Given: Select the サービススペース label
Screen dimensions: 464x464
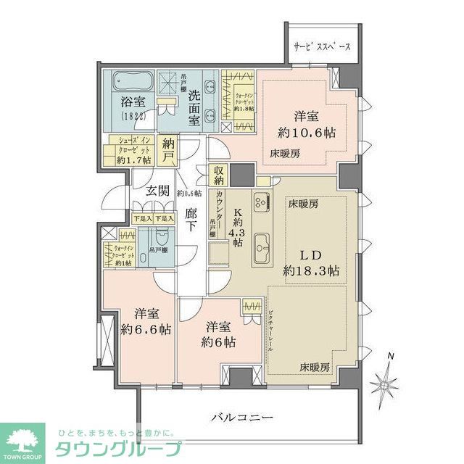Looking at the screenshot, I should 322,46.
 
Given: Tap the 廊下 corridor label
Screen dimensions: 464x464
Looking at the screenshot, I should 191,220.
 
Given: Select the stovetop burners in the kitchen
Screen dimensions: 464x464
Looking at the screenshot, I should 261,201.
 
